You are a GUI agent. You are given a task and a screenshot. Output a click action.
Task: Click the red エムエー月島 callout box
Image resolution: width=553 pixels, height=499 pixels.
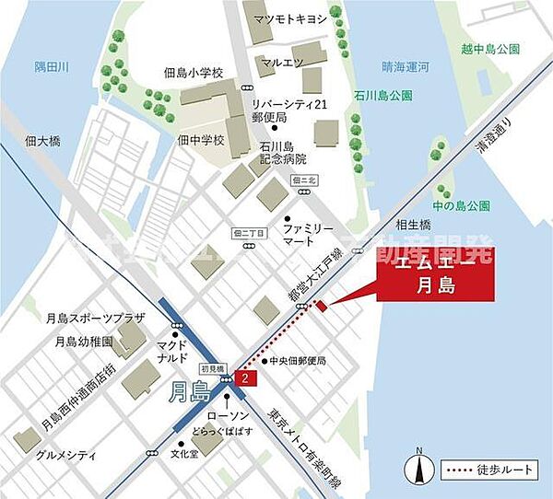435,273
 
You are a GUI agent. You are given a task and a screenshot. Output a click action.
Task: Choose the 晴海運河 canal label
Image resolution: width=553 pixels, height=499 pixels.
406,66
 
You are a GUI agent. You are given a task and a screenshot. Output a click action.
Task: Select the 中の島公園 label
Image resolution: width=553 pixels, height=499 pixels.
465,203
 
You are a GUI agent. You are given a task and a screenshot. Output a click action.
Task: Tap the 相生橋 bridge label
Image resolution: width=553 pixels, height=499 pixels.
414,225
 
